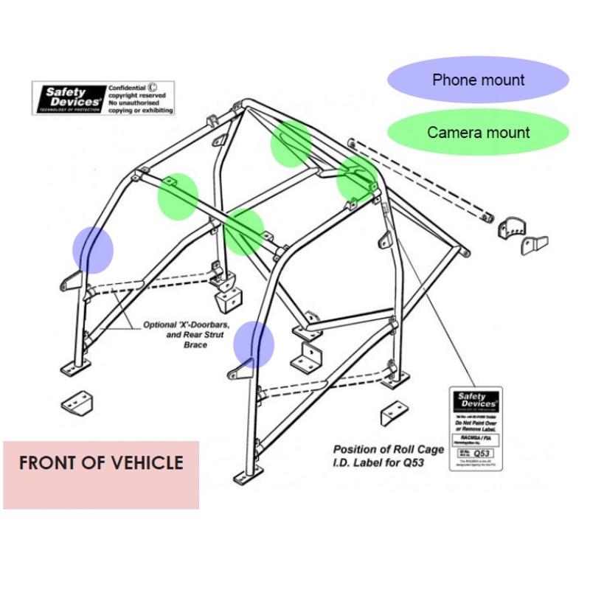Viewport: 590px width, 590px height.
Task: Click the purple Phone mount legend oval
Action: click(x=479, y=80)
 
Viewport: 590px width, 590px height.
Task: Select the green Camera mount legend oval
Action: click(x=479, y=133)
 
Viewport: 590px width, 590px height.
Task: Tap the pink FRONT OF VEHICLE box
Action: click(x=101, y=474)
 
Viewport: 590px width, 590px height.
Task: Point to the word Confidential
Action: click(x=127, y=87)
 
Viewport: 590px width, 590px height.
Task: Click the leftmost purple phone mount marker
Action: click(x=93, y=249)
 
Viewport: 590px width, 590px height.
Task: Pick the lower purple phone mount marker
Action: click(x=254, y=344)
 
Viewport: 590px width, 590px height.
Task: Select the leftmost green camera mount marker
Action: click(x=178, y=195)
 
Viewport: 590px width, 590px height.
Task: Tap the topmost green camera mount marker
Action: click(x=291, y=143)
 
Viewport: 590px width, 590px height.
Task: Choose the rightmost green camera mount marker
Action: click(x=357, y=178)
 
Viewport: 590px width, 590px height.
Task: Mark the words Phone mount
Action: click(x=479, y=80)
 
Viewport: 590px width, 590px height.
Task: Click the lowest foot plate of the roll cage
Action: click(x=243, y=478)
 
